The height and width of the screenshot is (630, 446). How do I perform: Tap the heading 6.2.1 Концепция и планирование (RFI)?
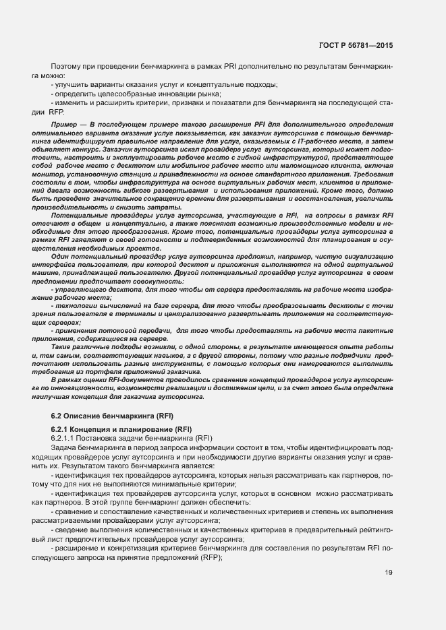[121, 429]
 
